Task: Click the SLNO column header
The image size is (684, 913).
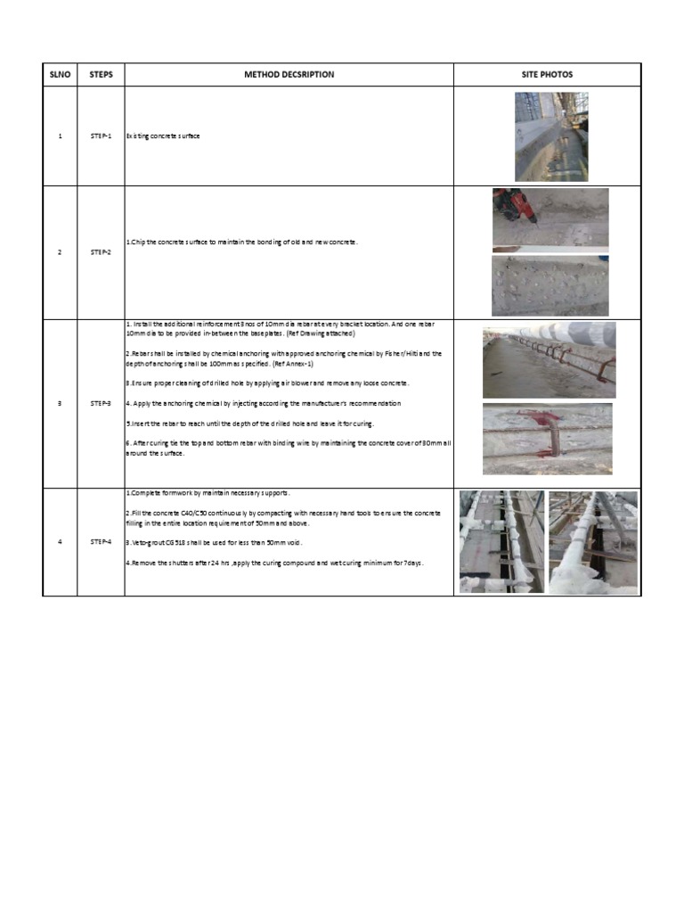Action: click(60, 74)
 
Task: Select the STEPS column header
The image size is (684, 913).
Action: click(101, 74)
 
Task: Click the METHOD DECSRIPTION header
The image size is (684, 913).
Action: click(289, 74)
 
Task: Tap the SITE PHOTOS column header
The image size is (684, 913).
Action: click(547, 74)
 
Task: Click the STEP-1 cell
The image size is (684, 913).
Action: click(101, 136)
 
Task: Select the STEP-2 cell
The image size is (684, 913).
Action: click(101, 252)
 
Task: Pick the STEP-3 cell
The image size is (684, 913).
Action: click(101, 404)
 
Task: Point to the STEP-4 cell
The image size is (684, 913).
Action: click(101, 541)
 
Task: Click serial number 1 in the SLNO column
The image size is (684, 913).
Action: click(60, 136)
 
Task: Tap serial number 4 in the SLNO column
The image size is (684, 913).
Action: click(60, 541)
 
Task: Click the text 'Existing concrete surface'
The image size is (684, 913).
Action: click(163, 136)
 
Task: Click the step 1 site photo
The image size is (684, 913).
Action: click(550, 136)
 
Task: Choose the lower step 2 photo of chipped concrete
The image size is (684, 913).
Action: click(550, 286)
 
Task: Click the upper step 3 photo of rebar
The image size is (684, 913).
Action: click(549, 360)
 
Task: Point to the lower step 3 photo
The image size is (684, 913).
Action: click(547, 438)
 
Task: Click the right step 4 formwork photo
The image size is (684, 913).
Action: click(592, 541)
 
